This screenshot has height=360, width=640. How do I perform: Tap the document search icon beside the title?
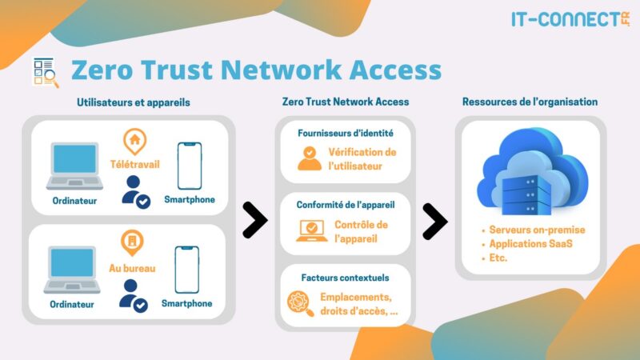45,70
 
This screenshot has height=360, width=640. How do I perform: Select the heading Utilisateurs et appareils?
134,102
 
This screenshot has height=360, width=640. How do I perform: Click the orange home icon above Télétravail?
134,141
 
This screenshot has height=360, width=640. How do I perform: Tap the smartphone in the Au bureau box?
187,270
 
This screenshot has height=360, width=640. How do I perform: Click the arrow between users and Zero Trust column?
254,219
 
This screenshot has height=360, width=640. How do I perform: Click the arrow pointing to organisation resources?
434,219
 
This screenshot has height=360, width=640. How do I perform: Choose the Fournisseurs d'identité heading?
345,132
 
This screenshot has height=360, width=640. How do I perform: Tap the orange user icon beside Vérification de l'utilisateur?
309,158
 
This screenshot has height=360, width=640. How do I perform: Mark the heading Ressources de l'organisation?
530,102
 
